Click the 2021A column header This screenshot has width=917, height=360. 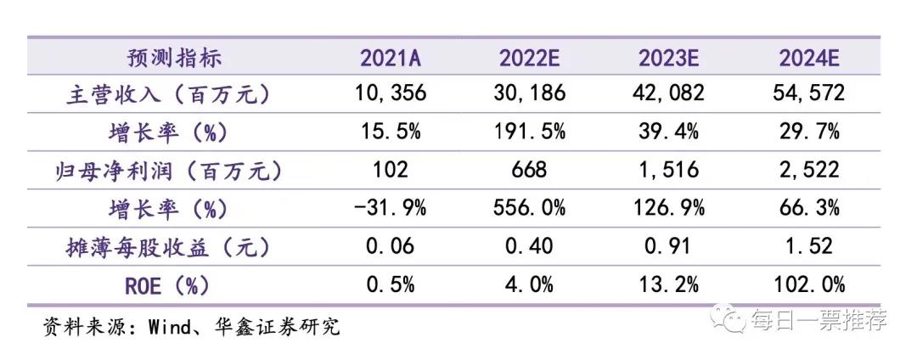click(391, 58)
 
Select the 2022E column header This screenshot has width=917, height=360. click(531, 58)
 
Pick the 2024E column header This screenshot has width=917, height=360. click(809, 58)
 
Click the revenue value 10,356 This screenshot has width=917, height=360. click(391, 93)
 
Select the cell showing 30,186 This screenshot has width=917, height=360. click(531, 93)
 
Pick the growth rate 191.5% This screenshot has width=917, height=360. click(531, 132)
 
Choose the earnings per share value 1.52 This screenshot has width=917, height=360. click(809, 247)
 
